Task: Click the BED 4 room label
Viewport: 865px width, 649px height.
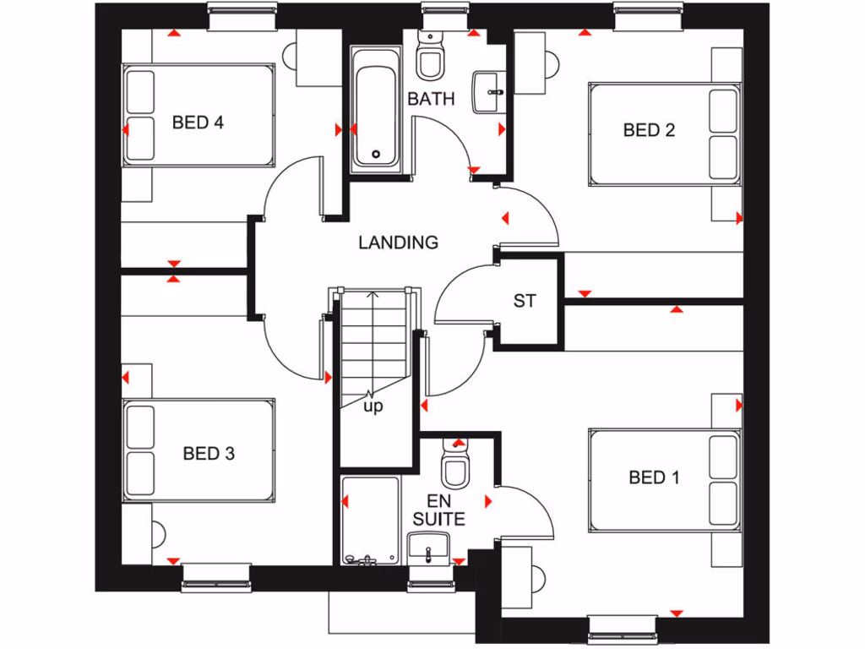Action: point(198,123)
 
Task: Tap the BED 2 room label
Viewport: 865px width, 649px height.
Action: point(649,130)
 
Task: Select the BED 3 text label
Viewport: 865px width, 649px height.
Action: point(209,454)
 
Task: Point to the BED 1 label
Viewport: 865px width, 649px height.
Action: point(654,477)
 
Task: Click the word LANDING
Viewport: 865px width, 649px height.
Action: point(398,243)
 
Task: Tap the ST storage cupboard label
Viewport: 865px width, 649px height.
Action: point(524,300)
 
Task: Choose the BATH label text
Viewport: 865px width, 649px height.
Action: point(431,99)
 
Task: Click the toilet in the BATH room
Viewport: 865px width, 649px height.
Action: point(431,55)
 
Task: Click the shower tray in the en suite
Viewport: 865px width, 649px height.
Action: point(370,520)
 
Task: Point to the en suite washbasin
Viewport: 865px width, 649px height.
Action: point(430,548)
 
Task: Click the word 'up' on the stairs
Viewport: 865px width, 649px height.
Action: point(373,406)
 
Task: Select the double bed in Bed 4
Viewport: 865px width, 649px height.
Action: point(199,116)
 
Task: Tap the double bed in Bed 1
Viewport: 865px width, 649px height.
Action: point(664,481)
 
